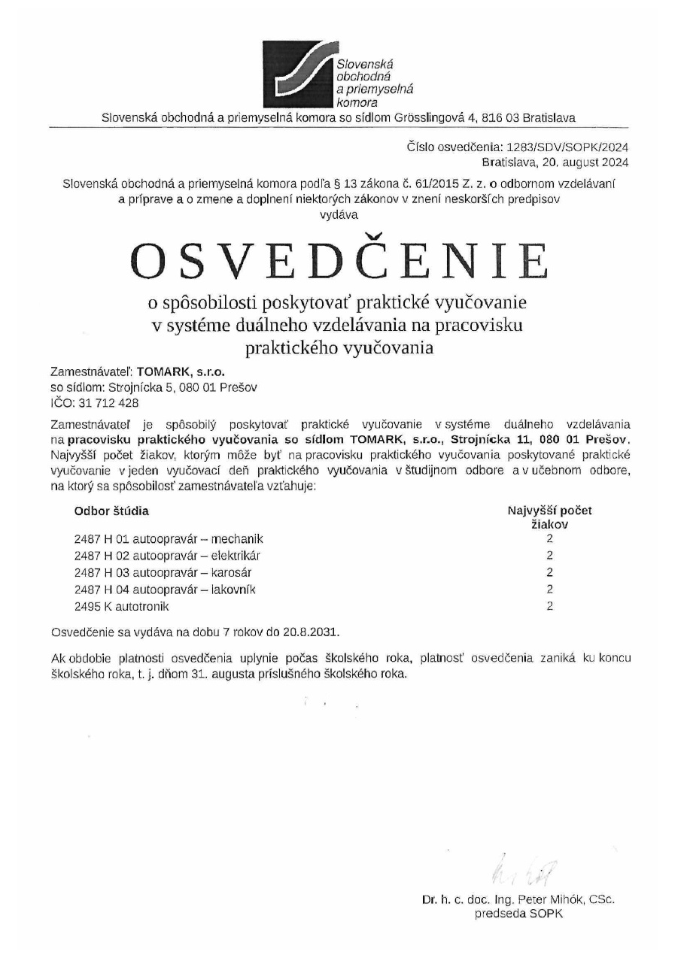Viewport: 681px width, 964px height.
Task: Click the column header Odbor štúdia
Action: [111, 511]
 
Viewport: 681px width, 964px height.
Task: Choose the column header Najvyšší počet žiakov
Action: [549, 517]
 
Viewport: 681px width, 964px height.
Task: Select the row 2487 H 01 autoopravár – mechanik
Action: [169, 539]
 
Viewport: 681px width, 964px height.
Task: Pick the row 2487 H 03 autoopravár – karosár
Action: [162, 572]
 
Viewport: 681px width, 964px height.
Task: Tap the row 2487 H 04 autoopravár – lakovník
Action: [165, 589]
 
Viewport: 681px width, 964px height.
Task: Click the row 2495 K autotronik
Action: [122, 606]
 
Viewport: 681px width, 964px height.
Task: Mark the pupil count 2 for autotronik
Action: [549, 606]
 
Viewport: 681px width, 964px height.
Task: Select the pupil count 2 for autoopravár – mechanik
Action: [549, 539]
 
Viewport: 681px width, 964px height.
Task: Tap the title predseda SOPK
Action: [518, 914]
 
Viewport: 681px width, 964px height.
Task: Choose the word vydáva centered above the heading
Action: [339, 214]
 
